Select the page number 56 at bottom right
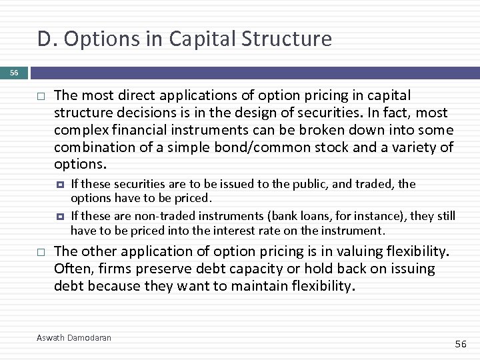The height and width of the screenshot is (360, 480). click(461, 343)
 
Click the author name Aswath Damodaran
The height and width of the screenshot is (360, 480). click(74, 338)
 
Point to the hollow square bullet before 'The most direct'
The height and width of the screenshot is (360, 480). click(39, 97)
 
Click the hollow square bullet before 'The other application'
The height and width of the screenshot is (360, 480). click(39, 253)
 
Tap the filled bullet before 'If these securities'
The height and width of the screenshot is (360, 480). click(60, 184)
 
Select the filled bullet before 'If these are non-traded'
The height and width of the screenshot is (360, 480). click(60, 216)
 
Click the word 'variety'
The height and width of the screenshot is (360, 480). click(417, 147)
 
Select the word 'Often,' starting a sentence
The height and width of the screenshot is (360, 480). click(72, 269)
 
